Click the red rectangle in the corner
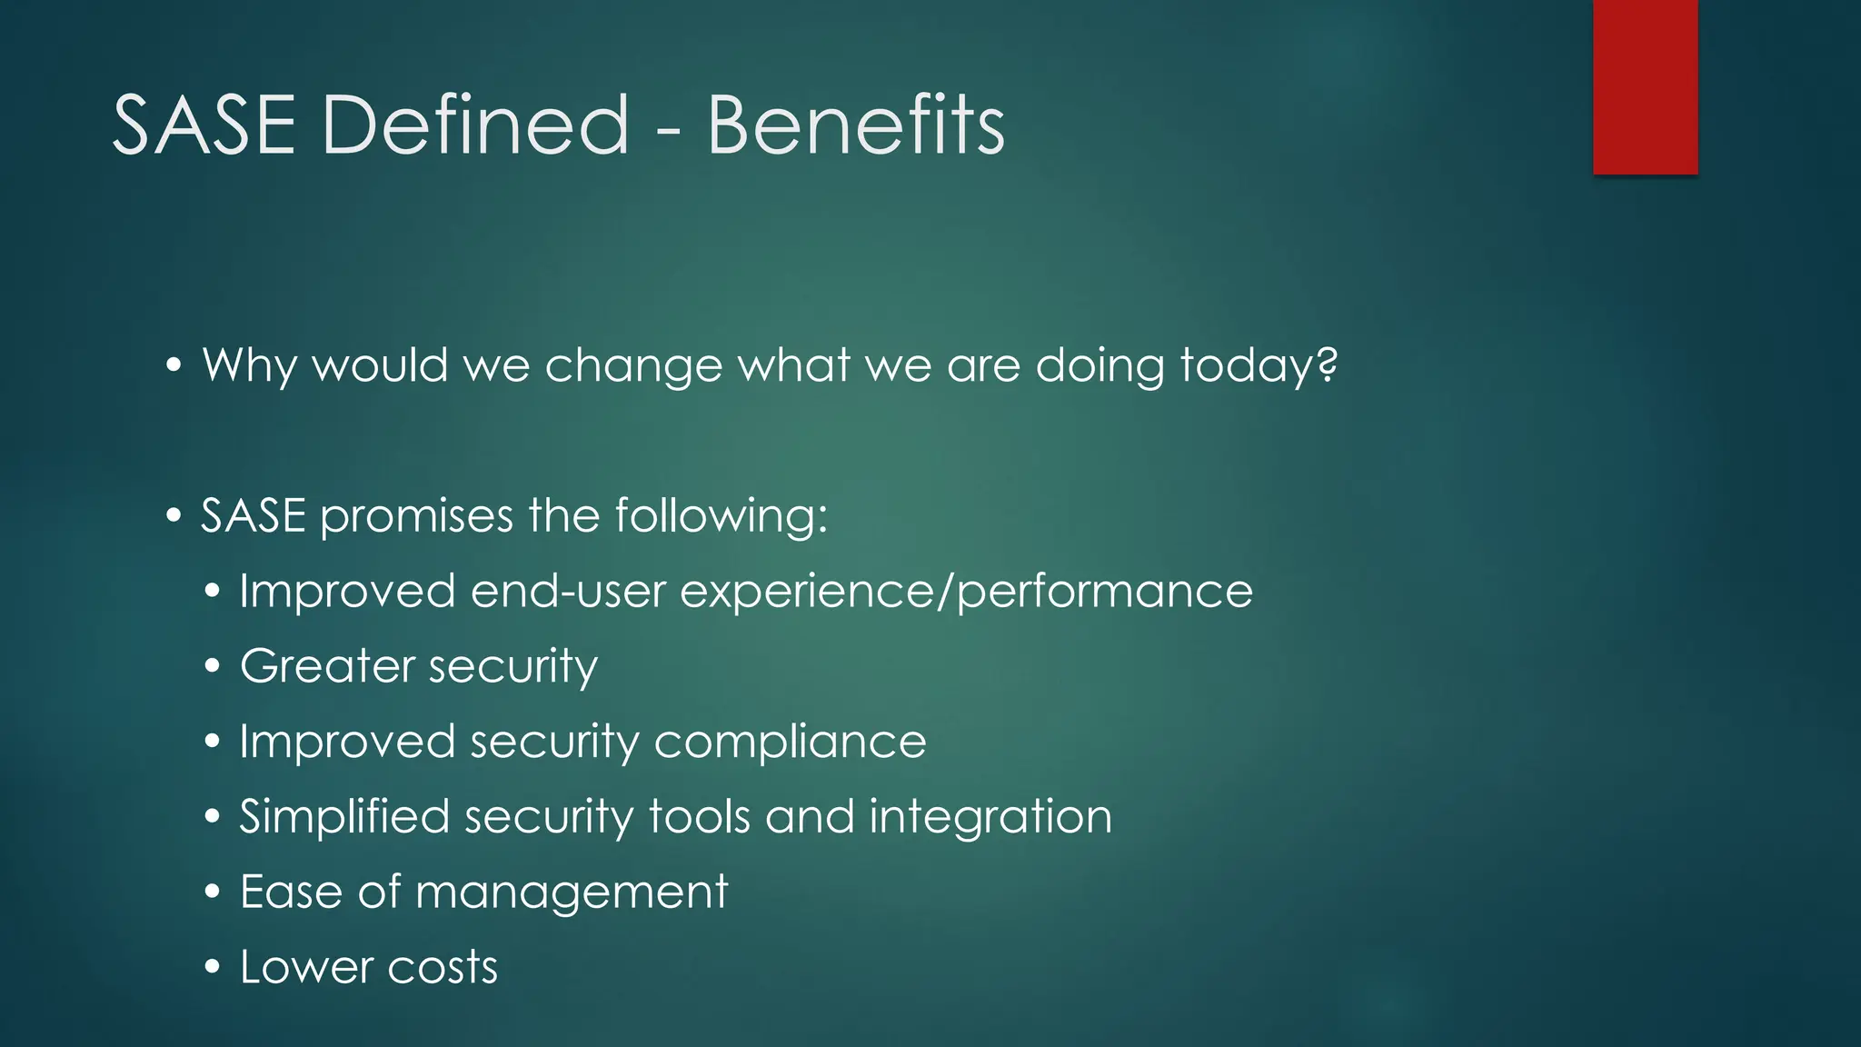[1645, 86]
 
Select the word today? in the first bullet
[1259, 366]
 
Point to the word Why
[249, 366]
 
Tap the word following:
[722, 516]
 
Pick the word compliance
[790, 742]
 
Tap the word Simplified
[344, 816]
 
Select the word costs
[443, 967]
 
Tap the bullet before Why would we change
[174, 366]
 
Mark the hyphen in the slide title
[667, 133]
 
